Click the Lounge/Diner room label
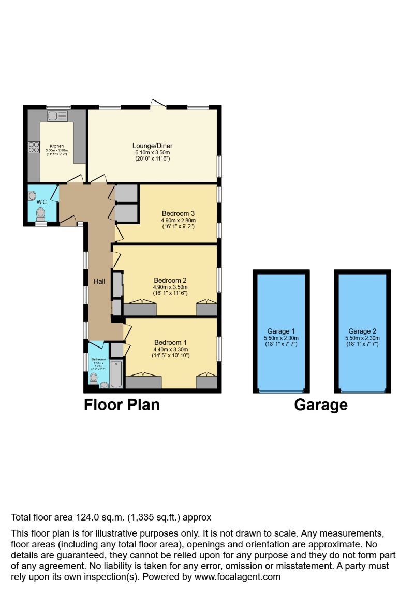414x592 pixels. point(152,146)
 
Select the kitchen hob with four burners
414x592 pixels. point(34,147)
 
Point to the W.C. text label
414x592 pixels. point(42,201)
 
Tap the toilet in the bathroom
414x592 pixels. point(94,379)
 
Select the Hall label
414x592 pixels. point(99,281)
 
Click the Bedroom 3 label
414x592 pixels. point(178,213)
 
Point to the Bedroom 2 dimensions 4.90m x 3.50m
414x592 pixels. point(170,287)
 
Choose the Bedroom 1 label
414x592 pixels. point(170,342)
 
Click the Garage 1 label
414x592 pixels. point(281,331)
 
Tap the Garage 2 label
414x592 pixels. point(362,331)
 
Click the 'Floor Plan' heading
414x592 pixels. point(122,405)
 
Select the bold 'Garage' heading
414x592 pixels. point(321,405)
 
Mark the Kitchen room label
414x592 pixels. point(57,146)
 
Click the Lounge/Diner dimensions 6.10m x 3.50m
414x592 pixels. point(152,152)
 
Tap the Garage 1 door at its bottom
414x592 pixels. point(281,392)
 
